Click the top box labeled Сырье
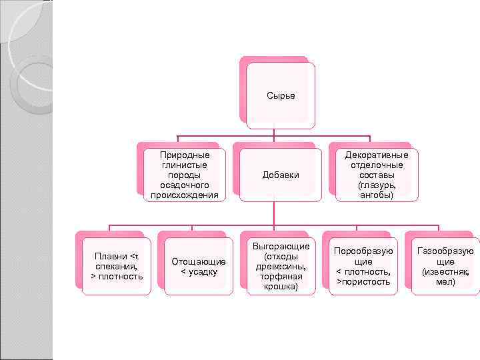tap(281, 95)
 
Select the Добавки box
tap(281, 175)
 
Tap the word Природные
tap(185, 155)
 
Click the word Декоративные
tap(377, 155)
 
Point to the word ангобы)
tap(377, 195)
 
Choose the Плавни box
tap(117, 266)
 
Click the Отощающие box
tap(199, 266)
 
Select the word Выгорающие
tap(281, 247)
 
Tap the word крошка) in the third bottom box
tap(281, 287)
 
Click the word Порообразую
tap(363, 251)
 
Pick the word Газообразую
tap(445, 251)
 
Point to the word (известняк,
tap(445, 272)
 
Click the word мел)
tap(445, 282)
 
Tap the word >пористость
tap(363, 282)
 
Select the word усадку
tap(203, 272)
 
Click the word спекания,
tap(117, 266)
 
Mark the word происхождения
tap(185, 195)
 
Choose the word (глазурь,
tap(377, 185)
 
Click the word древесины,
tap(281, 267)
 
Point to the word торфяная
tap(281, 277)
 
